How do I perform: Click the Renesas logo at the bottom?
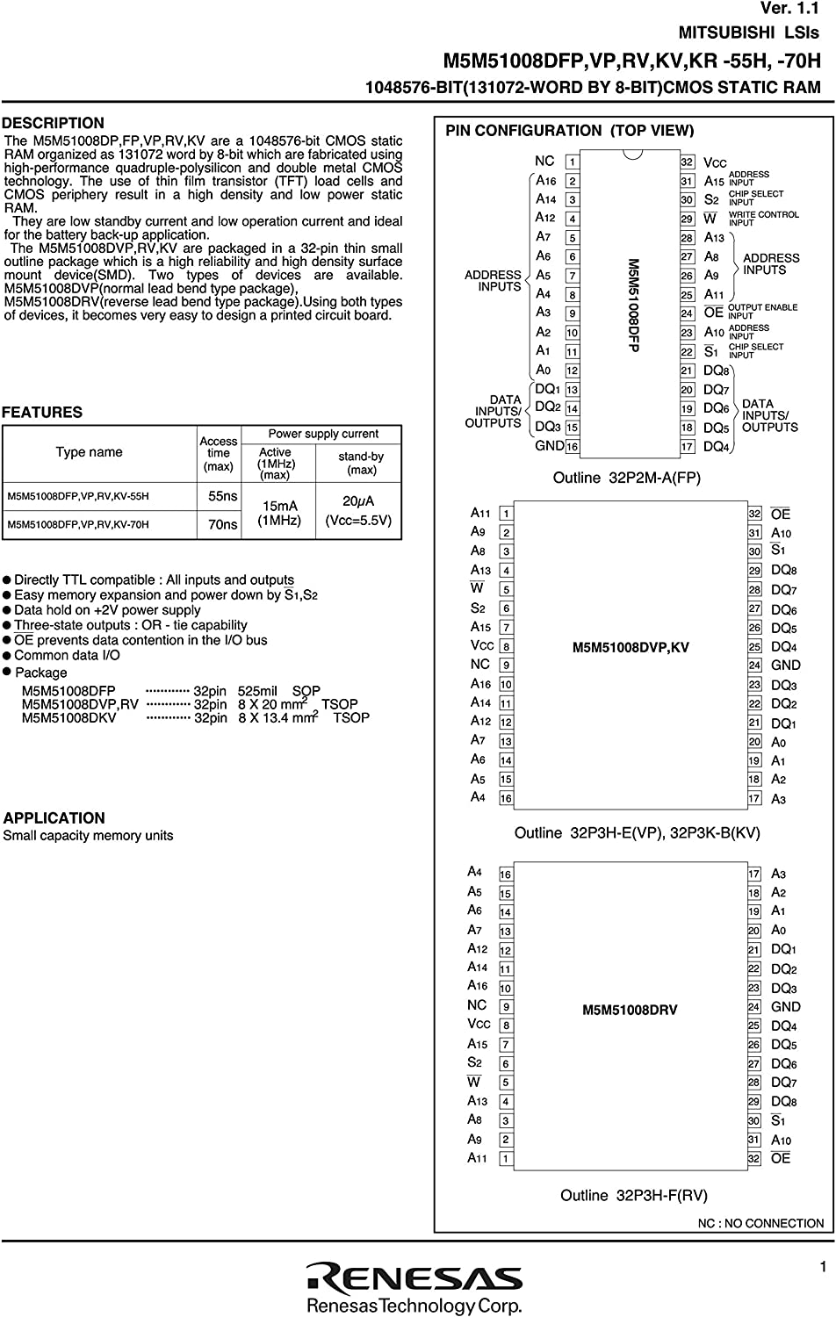(x=414, y=1278)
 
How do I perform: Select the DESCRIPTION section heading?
(x=53, y=123)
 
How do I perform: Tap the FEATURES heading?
(x=42, y=412)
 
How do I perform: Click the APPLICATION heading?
(x=54, y=817)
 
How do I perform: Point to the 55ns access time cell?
(x=222, y=496)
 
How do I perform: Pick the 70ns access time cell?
(x=222, y=524)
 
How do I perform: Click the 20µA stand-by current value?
(x=358, y=501)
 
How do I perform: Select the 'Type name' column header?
(x=89, y=452)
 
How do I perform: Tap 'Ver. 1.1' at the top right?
(x=789, y=9)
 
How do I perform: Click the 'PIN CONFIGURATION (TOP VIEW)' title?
(x=569, y=131)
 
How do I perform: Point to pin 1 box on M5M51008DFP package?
(x=572, y=162)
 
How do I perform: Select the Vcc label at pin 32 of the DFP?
(x=715, y=162)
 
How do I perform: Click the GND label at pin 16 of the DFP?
(x=549, y=446)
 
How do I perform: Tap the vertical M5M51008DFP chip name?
(x=632, y=305)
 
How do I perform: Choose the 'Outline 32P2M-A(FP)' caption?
(x=626, y=478)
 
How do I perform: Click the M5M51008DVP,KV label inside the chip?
(x=631, y=647)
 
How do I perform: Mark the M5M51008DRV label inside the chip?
(x=630, y=1010)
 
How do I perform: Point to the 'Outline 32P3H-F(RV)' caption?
(x=633, y=1195)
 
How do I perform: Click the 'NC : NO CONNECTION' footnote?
(x=760, y=1223)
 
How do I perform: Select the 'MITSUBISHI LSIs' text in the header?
(x=748, y=33)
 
